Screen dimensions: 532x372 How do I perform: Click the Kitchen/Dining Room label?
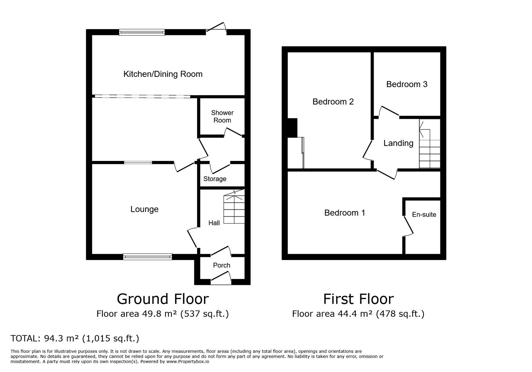163,74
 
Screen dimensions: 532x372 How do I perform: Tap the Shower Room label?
222,116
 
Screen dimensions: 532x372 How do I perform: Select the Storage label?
215,179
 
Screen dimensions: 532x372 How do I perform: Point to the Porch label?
221,265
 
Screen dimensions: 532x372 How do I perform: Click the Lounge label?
144,209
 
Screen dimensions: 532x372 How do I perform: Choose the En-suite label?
424,215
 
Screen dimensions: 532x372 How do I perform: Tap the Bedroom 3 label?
407,84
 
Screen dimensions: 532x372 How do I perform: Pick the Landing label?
398,143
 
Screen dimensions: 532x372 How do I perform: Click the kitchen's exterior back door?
216,27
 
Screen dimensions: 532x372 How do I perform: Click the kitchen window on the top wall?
142,32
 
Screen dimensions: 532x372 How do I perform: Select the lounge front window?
148,257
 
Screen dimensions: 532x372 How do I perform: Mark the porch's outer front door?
221,278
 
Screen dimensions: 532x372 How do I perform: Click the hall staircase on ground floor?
234,207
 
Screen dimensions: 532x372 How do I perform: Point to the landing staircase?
430,144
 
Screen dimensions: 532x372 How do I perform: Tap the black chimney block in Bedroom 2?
292,128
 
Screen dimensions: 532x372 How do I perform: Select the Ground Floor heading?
163,299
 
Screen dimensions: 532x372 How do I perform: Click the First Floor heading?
358,299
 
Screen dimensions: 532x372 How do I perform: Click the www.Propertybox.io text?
188,362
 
